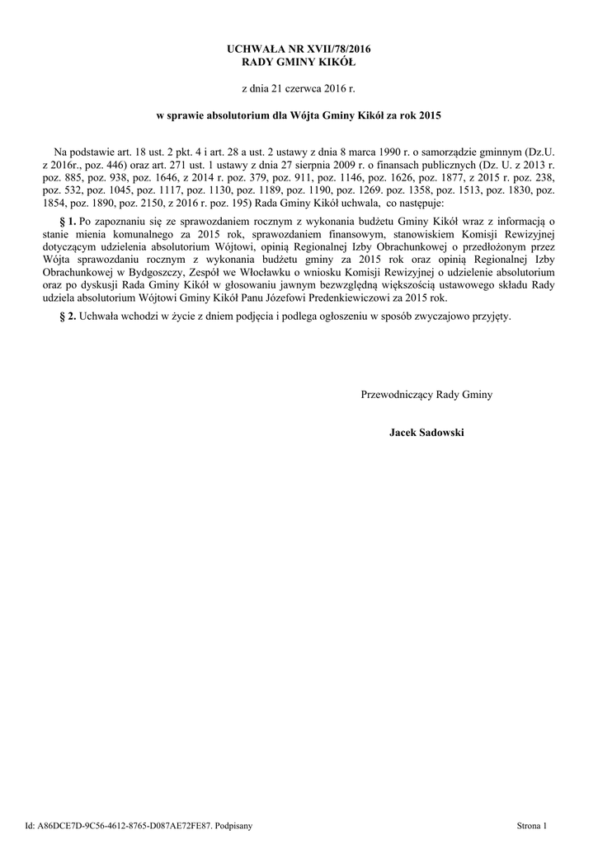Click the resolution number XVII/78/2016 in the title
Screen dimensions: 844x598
click(x=331, y=49)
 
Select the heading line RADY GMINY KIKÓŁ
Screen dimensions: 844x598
click(x=299, y=62)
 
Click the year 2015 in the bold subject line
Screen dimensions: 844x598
click(x=429, y=117)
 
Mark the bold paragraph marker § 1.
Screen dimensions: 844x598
click(x=68, y=222)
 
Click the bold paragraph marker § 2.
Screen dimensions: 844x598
click(x=68, y=316)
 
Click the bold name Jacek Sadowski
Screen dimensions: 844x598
click(x=426, y=432)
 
